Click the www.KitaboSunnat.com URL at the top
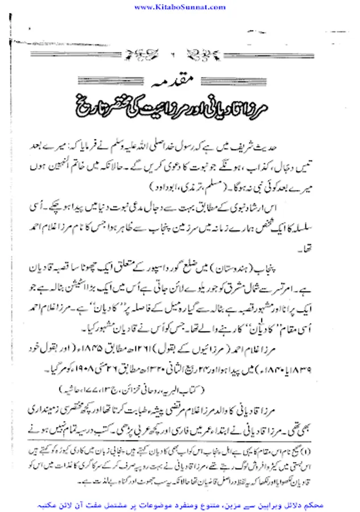coord(180,6)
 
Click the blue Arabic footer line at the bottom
coord(180,505)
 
